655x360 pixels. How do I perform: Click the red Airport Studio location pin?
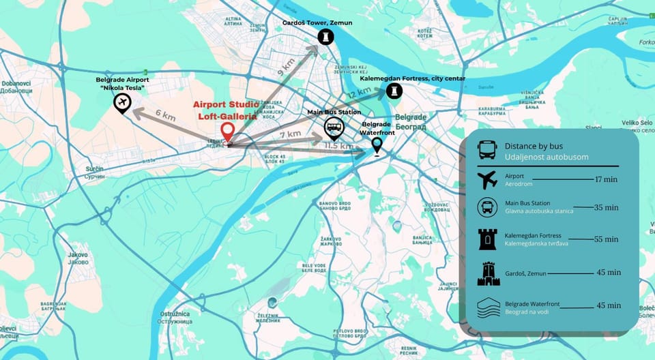click(x=228, y=132)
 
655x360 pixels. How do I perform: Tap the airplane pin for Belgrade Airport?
click(x=123, y=103)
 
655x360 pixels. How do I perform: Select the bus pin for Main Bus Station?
click(x=333, y=127)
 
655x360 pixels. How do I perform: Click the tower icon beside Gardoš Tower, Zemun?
click(x=326, y=36)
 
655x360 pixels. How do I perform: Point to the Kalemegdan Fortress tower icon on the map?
click(x=394, y=91)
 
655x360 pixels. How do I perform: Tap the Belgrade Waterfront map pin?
click(x=376, y=145)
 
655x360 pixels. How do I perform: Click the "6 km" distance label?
click(x=164, y=116)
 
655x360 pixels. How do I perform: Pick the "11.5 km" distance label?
click(x=339, y=146)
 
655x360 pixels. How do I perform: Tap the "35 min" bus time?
click(x=606, y=207)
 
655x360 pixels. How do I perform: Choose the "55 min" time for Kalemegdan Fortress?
click(x=606, y=239)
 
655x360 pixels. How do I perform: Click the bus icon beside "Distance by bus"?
click(x=487, y=150)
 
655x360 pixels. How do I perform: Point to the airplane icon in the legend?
click(x=487, y=181)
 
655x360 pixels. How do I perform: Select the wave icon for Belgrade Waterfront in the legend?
click(x=487, y=307)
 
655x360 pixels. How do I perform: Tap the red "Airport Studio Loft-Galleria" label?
click(x=225, y=110)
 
